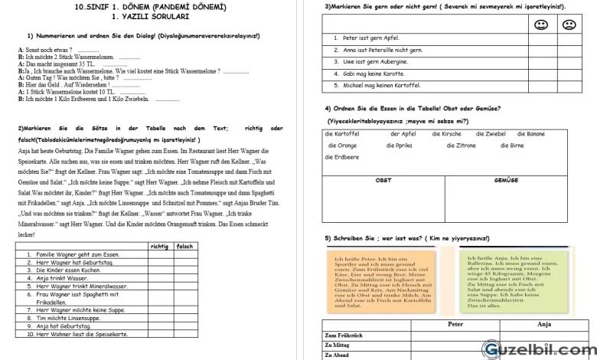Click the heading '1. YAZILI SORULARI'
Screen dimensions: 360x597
(x=150, y=16)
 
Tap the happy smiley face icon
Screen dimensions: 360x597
(x=540, y=25)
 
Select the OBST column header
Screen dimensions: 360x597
(x=383, y=180)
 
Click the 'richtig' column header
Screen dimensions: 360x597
(x=159, y=246)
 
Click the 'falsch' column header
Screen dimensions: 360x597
(x=184, y=246)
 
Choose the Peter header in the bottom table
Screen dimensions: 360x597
(x=455, y=325)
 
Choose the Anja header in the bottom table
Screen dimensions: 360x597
(x=544, y=325)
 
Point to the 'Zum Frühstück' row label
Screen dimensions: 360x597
(x=344, y=335)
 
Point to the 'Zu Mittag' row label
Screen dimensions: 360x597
(x=339, y=345)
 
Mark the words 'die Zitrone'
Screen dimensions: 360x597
(x=462, y=146)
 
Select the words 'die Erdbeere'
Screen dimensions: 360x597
(x=343, y=157)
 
